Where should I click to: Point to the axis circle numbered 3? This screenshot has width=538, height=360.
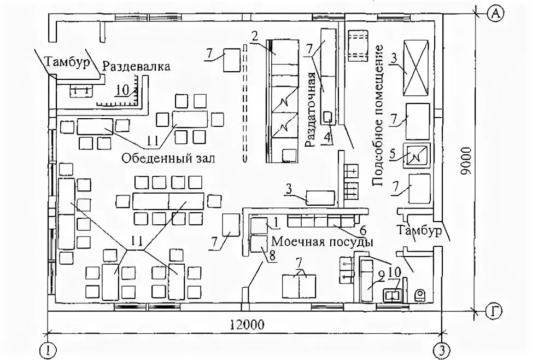coord(442,349)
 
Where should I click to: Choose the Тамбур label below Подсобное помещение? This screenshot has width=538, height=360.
coord(419,230)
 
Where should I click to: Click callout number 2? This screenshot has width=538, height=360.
coord(255,37)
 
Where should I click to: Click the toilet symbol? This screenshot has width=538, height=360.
coord(420,294)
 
